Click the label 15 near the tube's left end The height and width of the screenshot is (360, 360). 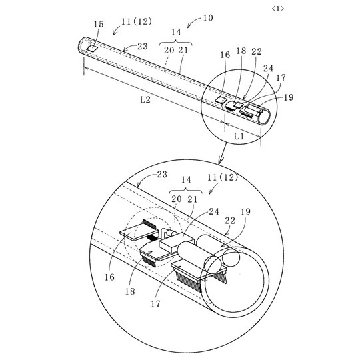tap(99, 24)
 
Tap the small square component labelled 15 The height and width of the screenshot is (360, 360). tap(92, 48)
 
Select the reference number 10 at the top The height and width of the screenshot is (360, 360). tap(208, 18)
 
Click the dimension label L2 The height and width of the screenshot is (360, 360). tap(145, 99)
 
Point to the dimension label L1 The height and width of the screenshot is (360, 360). tap(239, 137)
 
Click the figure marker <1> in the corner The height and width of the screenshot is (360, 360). tap(278, 9)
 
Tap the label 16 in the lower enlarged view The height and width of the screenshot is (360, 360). tap(109, 277)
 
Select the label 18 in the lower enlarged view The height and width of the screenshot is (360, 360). tap(130, 291)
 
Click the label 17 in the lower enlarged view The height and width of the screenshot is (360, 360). tap(155, 304)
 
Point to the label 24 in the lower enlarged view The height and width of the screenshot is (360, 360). tap(214, 211)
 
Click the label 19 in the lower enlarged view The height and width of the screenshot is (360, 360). tap(245, 212)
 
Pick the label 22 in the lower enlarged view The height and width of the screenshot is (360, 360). tap(230, 221)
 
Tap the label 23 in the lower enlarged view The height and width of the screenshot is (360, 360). tap(162, 175)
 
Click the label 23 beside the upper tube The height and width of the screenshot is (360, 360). tap(143, 46)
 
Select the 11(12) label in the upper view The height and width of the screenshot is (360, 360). tap(137, 21)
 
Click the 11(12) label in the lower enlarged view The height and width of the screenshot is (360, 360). tap(223, 177)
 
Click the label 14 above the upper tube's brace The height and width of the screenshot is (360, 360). tap(176, 32)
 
